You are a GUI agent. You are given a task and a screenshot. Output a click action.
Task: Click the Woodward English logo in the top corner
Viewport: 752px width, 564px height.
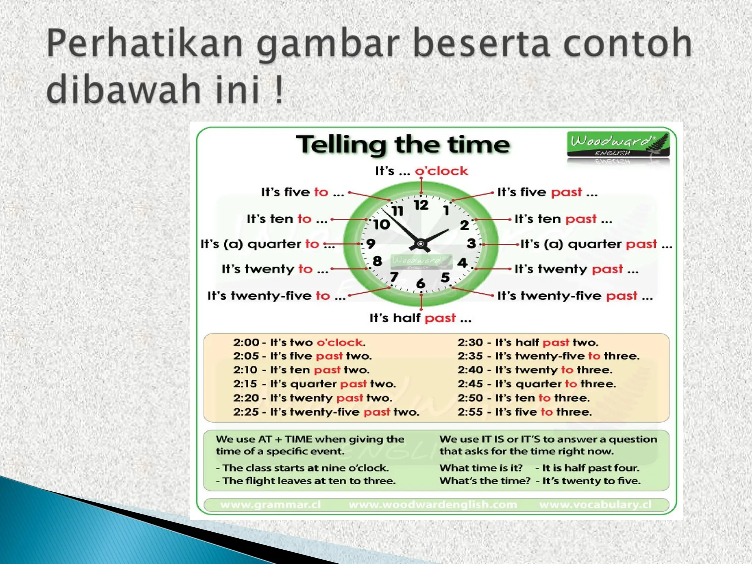tap(618, 145)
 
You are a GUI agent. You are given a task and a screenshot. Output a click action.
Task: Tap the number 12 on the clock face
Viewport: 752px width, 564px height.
tap(421, 205)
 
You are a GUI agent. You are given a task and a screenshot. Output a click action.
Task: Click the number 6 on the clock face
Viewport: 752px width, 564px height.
tap(420, 283)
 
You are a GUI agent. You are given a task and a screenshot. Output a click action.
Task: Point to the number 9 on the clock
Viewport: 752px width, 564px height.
tap(371, 243)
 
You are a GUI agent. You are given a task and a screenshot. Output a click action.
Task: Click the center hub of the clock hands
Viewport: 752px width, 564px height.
tap(421, 244)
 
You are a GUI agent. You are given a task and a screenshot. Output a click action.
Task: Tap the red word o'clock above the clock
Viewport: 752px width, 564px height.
tap(441, 171)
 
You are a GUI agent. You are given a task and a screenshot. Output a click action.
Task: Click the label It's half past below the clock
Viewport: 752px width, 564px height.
tap(420, 318)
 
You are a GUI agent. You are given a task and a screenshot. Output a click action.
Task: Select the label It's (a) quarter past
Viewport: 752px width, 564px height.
tap(596, 244)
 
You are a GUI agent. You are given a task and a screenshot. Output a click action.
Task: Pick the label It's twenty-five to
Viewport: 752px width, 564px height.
tap(276, 296)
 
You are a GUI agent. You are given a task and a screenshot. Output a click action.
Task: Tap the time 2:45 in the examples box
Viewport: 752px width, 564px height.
tap(470, 384)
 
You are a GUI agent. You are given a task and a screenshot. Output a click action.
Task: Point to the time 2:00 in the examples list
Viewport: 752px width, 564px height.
tap(246, 342)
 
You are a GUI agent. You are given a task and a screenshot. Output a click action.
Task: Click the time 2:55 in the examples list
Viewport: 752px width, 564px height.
tap(470, 412)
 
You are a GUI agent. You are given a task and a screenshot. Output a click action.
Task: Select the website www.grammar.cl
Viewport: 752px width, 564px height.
tap(270, 505)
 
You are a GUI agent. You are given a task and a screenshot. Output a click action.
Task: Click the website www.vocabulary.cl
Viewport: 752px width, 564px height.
tap(595, 505)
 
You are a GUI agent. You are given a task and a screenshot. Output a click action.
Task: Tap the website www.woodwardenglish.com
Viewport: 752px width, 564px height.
tap(433, 505)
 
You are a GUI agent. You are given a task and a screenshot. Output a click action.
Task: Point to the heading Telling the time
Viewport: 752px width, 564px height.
tap(403, 144)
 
